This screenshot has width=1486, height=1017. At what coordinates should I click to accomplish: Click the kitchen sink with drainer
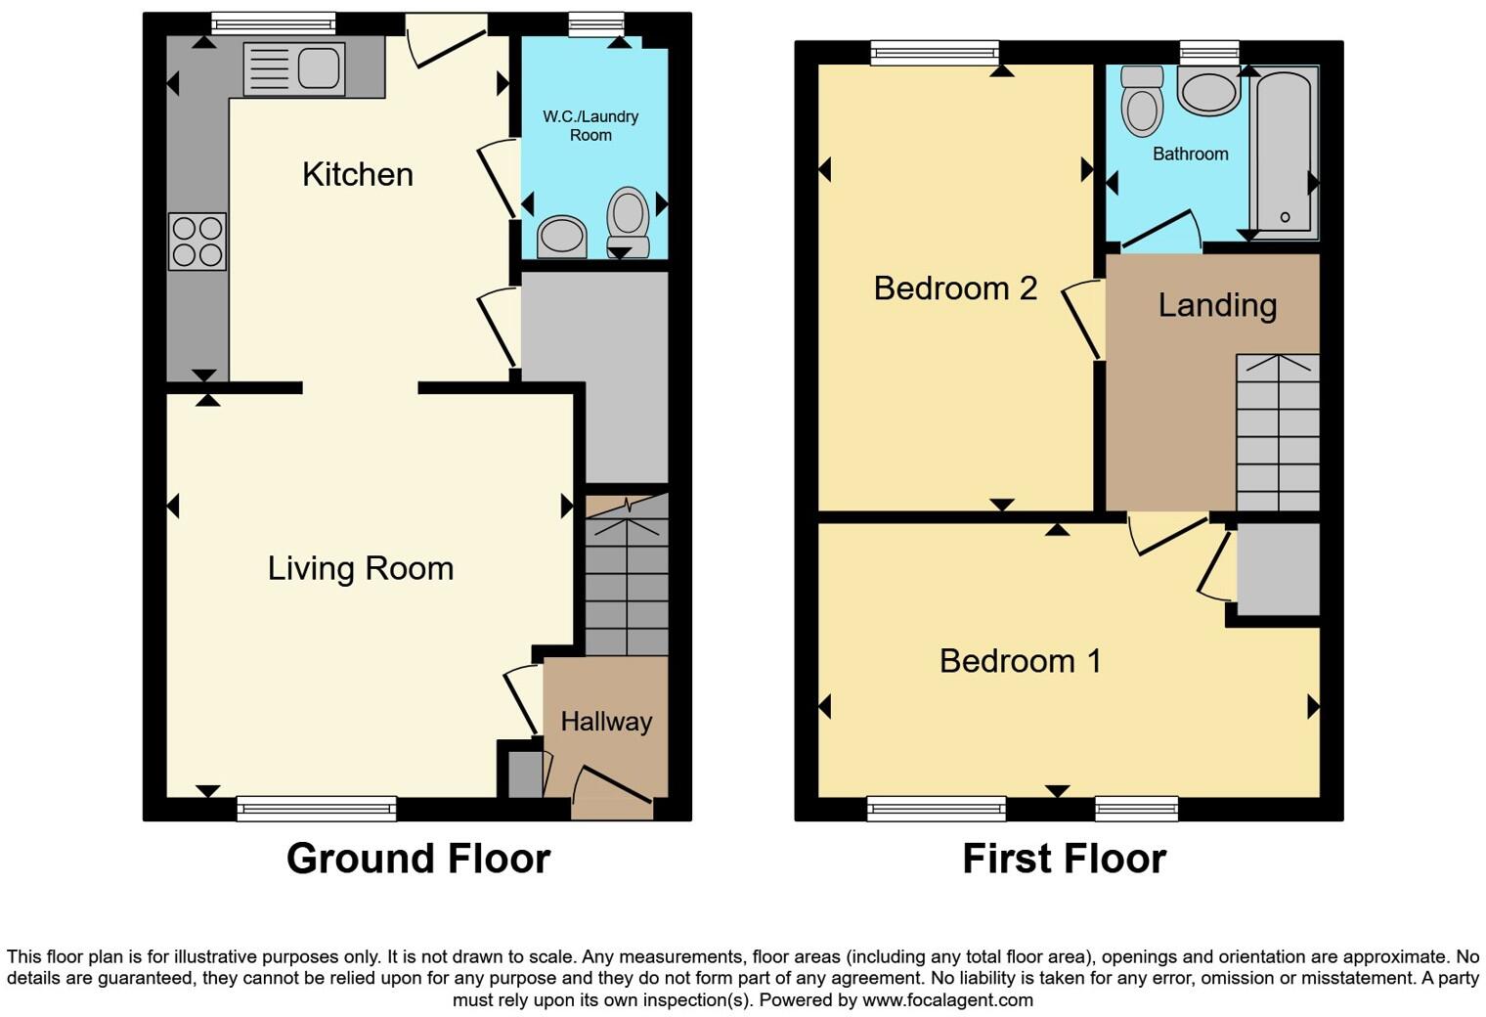[x=294, y=69]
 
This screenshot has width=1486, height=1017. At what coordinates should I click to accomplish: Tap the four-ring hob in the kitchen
[x=197, y=242]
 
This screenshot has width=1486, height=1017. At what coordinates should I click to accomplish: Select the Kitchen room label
[x=358, y=174]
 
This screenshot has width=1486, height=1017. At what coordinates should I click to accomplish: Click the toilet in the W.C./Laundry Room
[x=628, y=222]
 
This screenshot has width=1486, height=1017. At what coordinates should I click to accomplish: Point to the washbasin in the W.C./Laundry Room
[x=562, y=236]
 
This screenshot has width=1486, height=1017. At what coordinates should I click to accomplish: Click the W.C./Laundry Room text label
[x=590, y=126]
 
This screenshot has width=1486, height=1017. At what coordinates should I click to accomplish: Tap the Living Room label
[x=361, y=568]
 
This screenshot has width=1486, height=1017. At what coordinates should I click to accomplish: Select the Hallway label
[x=606, y=722]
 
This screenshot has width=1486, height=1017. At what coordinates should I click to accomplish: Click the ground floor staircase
[x=627, y=577]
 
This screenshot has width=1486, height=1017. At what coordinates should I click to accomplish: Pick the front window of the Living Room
[x=317, y=808]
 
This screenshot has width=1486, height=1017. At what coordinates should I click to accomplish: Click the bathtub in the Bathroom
[x=1285, y=153]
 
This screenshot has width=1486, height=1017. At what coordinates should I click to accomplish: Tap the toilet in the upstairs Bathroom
[x=1142, y=102]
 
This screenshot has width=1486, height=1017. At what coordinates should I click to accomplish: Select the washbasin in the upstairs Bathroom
[x=1209, y=91]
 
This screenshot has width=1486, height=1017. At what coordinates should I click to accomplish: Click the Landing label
[x=1217, y=305]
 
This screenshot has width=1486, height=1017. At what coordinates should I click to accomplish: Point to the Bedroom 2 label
[x=955, y=288]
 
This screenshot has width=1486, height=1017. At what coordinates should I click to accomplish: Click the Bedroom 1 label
[x=1020, y=661]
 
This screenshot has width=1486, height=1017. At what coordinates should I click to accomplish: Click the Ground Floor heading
[x=418, y=859]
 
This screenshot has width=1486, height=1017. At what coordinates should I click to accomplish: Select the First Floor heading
[x=1064, y=859]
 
